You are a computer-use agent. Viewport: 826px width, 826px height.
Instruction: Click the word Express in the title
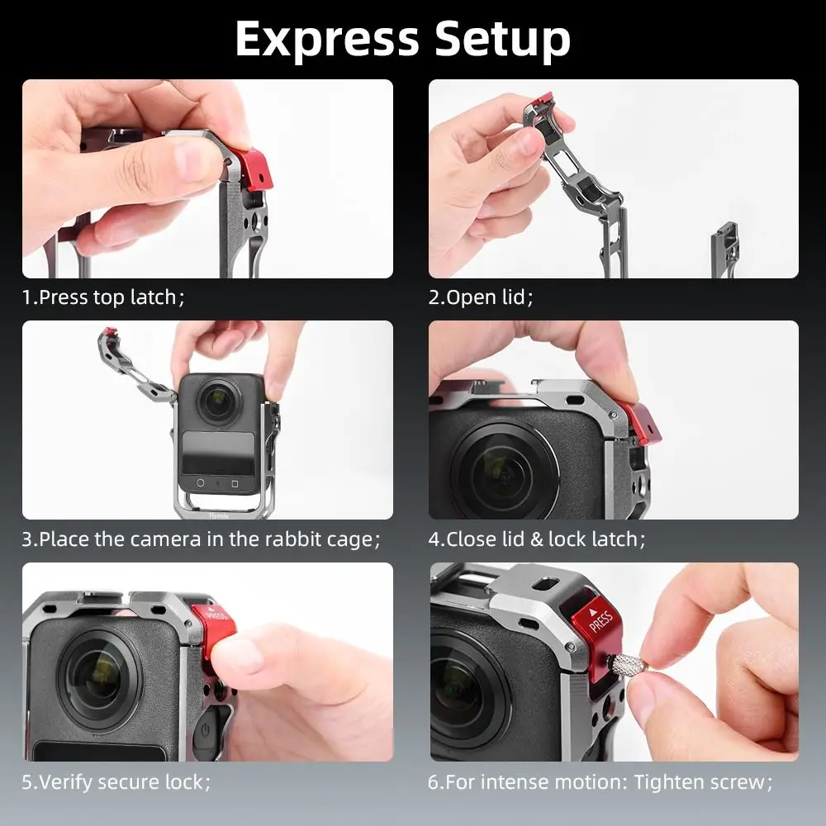point(326,39)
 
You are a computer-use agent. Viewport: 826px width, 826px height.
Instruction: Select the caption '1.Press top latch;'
point(103,297)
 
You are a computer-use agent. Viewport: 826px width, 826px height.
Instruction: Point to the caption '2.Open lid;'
point(480,297)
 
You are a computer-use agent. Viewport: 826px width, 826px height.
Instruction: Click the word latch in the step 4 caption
point(615,539)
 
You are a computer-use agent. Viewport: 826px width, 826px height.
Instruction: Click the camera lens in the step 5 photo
point(98,673)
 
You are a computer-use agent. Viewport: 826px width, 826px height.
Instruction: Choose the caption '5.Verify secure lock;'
point(116,781)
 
